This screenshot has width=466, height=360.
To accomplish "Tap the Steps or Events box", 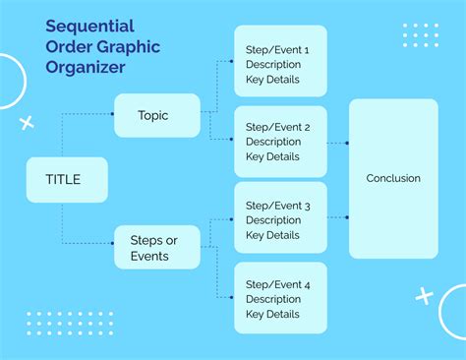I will (x=157, y=248).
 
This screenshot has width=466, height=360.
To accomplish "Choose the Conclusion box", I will (x=393, y=178).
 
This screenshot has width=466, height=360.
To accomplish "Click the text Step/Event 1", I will (x=277, y=48).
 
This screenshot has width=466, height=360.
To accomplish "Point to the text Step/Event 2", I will (x=277, y=127).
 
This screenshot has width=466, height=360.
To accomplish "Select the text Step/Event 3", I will (x=277, y=206).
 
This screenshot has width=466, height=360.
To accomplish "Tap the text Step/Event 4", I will (x=277, y=284).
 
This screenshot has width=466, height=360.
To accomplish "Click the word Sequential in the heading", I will (x=89, y=25).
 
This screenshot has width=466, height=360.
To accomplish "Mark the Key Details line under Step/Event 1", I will (x=272, y=78).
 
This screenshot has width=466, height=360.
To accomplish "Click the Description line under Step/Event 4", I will (x=273, y=299).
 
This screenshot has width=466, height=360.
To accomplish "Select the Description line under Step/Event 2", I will (x=273, y=142).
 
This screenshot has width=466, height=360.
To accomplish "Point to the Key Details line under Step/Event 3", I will (x=272, y=235).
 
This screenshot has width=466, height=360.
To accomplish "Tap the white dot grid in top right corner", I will (x=421, y=34).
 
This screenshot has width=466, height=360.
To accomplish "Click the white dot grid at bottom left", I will (x=57, y=324).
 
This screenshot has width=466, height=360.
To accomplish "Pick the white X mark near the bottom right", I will (x=425, y=294).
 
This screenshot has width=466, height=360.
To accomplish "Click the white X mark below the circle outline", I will (x=27, y=122).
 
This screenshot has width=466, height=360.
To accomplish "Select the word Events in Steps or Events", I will (x=149, y=257).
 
